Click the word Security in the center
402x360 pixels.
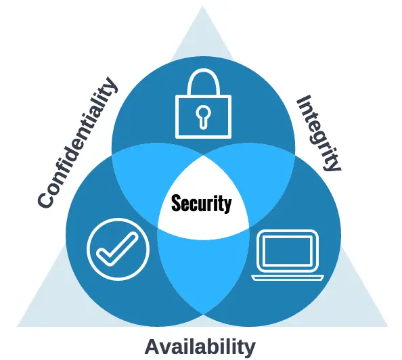point(201,203)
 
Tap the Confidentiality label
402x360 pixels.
point(79,142)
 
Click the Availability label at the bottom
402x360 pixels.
point(200,347)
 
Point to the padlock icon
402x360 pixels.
point(203,104)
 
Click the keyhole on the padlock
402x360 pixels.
point(203,116)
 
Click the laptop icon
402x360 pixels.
point(288,255)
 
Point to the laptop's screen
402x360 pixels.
point(288,251)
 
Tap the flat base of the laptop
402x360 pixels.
point(288,277)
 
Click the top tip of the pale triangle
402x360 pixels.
point(202,5)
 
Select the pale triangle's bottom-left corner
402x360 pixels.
point(17,326)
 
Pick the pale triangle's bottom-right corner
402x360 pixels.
point(388,326)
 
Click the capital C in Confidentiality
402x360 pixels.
point(46,198)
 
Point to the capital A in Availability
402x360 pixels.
point(154,346)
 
